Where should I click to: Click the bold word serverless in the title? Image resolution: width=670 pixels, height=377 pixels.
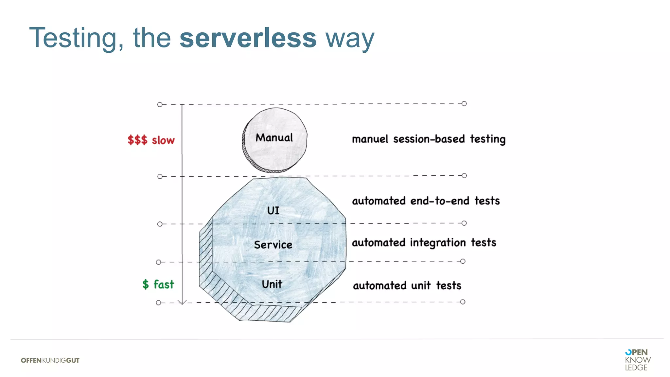248,38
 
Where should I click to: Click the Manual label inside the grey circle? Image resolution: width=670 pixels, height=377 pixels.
274,138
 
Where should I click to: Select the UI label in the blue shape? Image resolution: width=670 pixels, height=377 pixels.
273,210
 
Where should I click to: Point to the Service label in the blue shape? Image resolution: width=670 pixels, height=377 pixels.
273,245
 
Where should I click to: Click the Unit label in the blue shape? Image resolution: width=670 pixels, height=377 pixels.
272,284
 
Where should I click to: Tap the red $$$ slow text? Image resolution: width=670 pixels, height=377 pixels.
151,140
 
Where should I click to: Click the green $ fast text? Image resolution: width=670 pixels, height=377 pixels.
158,284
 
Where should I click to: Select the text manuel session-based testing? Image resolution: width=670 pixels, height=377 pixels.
429,139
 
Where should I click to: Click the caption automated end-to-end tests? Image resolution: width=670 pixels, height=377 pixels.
426,201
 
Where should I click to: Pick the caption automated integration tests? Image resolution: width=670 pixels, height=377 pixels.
424,242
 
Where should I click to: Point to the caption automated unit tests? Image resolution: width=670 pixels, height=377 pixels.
407,286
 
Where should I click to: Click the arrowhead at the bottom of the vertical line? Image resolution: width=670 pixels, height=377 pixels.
182,302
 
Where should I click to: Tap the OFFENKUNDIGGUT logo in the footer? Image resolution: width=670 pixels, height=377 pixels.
50,360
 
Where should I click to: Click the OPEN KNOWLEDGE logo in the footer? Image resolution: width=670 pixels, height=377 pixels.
637,360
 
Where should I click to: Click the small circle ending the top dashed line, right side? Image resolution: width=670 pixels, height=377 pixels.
464,104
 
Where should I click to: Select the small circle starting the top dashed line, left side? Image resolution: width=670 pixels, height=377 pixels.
160,104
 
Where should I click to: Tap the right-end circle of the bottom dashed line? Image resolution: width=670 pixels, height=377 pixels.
463,302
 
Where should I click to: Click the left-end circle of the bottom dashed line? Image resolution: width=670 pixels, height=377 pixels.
158,303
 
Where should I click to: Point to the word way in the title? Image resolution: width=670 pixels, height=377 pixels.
349,38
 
